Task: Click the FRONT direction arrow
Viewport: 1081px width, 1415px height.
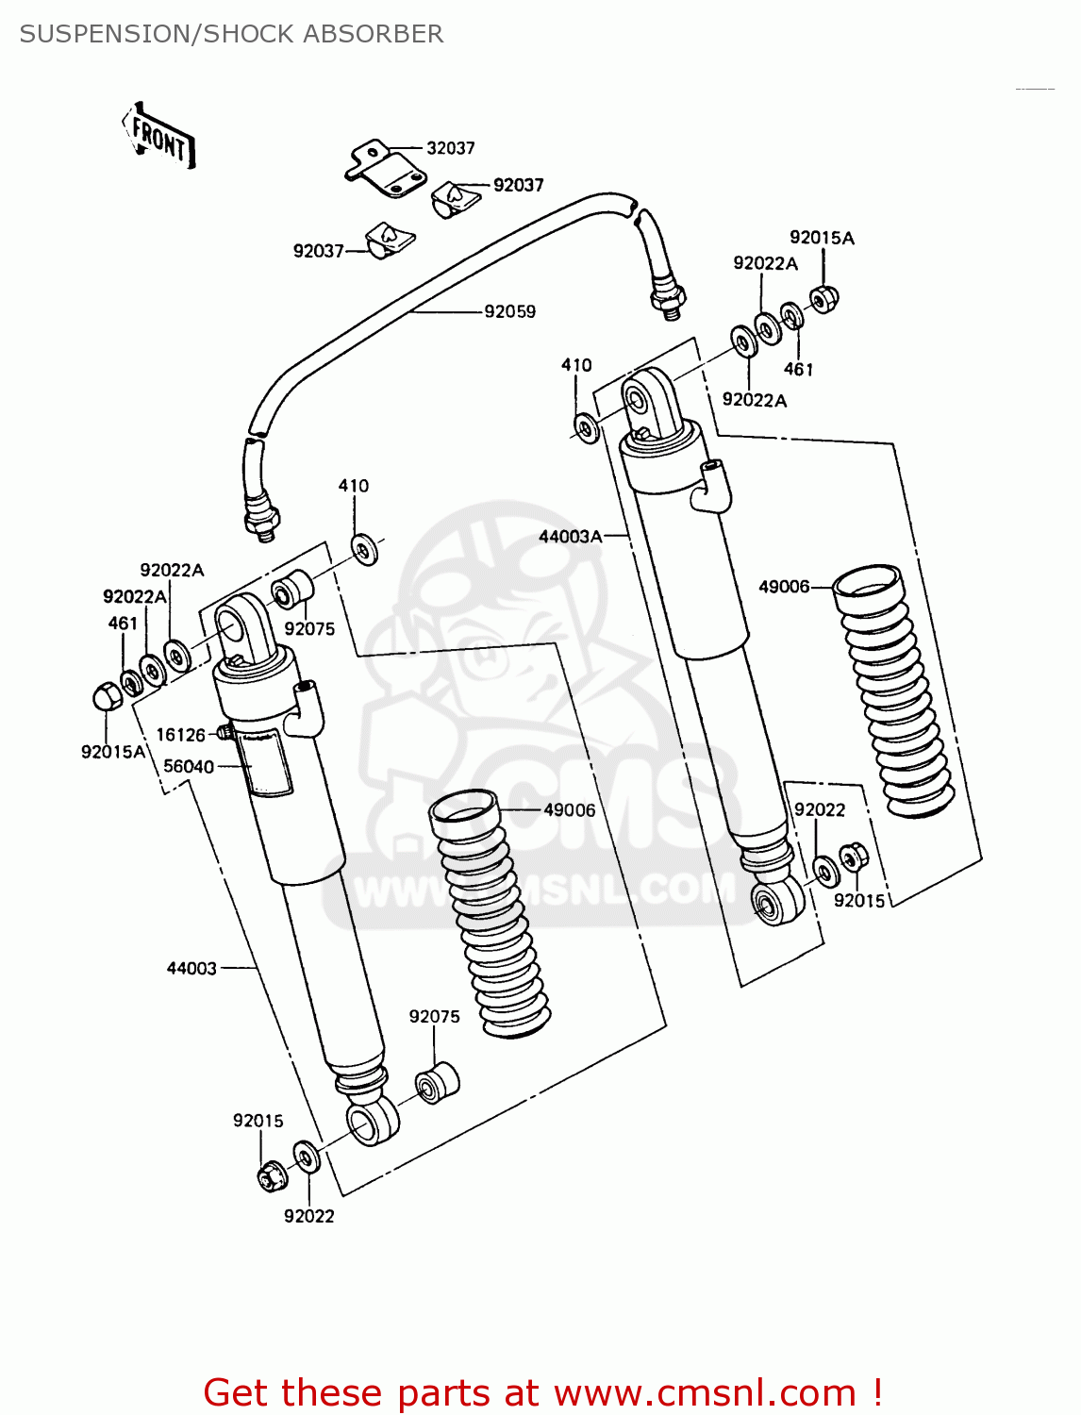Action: (x=158, y=137)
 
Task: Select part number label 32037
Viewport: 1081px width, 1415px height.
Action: (x=450, y=148)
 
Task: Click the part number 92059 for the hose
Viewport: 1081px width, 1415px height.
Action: (x=509, y=311)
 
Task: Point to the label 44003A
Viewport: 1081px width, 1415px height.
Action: (x=570, y=536)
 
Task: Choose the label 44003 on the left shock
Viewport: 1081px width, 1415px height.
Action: (x=191, y=968)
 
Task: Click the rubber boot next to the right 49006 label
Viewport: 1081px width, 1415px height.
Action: (x=892, y=689)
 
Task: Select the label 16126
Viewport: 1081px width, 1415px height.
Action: (x=180, y=735)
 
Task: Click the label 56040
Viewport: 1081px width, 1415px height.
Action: (x=189, y=767)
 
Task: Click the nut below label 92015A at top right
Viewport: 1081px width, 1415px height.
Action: (x=823, y=299)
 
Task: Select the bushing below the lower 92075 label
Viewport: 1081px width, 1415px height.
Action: (x=437, y=1084)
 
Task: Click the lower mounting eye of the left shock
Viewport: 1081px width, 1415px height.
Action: (x=372, y=1122)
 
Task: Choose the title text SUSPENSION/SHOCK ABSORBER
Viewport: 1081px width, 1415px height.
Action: (x=231, y=34)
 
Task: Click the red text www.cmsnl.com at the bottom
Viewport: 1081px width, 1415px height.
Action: (x=705, y=1392)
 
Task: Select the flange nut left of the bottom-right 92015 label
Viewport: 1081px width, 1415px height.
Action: (x=853, y=857)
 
